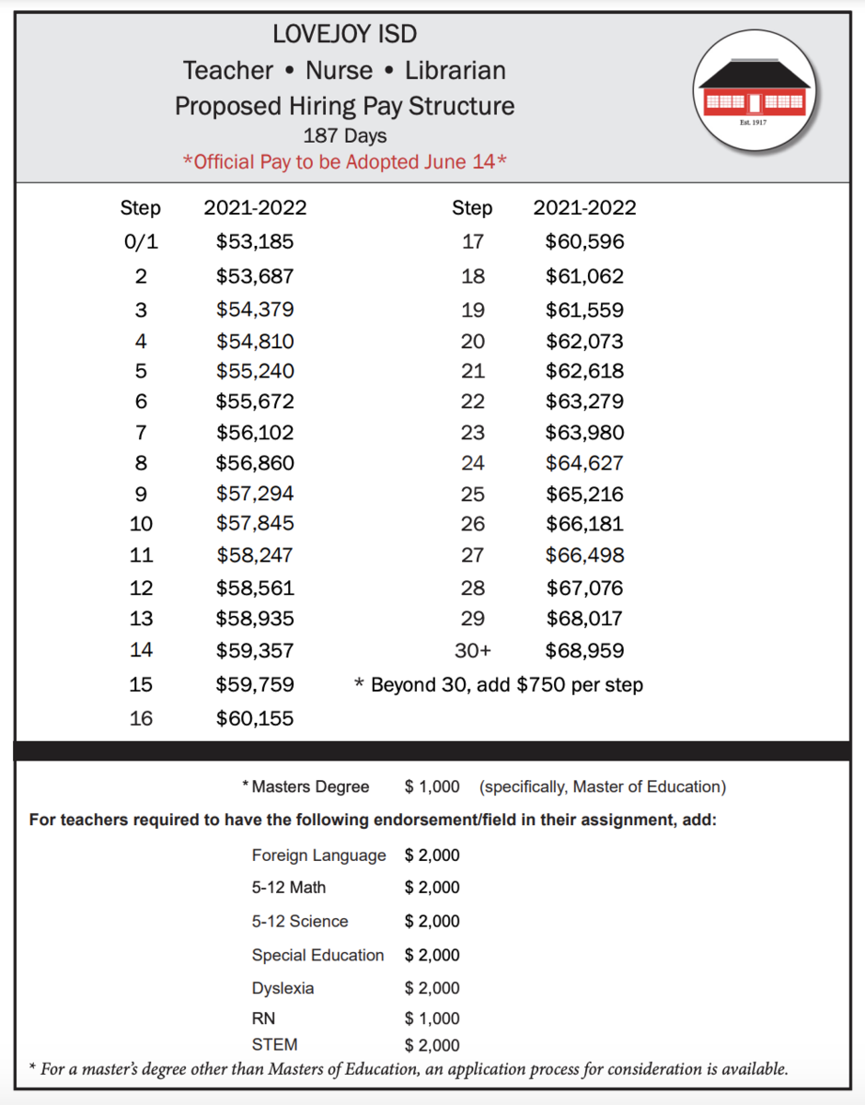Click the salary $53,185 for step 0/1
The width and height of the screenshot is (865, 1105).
[255, 242]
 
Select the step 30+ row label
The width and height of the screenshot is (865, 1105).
[473, 651]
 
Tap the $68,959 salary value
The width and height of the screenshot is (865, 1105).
[584, 651]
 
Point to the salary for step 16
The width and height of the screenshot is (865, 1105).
[255, 718]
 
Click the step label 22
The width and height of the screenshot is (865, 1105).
[472, 401]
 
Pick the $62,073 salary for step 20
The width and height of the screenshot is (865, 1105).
[584, 342]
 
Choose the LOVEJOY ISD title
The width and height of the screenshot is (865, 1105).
[344, 35]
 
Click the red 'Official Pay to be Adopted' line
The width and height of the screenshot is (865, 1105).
[345, 162]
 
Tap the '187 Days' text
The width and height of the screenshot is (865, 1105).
[344, 135]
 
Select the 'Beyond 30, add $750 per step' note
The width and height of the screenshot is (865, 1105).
[499, 685]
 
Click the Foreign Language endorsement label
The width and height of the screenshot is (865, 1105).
[318, 855]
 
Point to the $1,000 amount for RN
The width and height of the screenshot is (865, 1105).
[432, 1018]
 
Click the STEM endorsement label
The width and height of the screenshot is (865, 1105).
[274, 1045]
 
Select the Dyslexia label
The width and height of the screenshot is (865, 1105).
[283, 988]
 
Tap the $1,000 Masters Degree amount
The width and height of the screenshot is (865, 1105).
[432, 786]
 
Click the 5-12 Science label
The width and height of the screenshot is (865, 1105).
[300, 921]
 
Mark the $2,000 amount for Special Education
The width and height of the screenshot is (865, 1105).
[432, 955]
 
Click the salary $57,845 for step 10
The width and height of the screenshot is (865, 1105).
[255, 524]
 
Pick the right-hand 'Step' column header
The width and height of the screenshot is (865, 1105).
[472, 208]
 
